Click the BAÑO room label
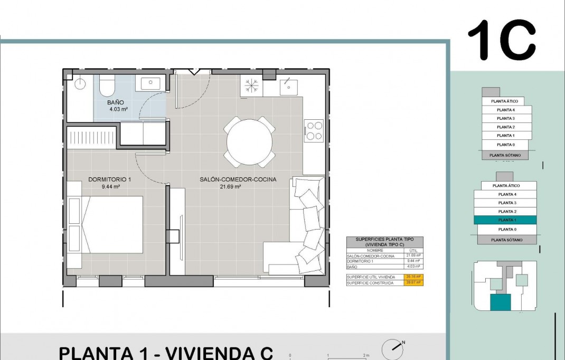[116, 102]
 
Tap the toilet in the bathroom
[107, 85]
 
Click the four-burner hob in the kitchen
[315, 131]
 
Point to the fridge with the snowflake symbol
[251, 85]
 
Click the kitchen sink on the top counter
[288, 84]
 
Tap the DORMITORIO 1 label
[110, 179]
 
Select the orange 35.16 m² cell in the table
[414, 277]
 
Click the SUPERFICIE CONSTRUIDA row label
[370, 282]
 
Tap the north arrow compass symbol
[393, 347]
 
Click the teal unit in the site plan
[500, 302]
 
